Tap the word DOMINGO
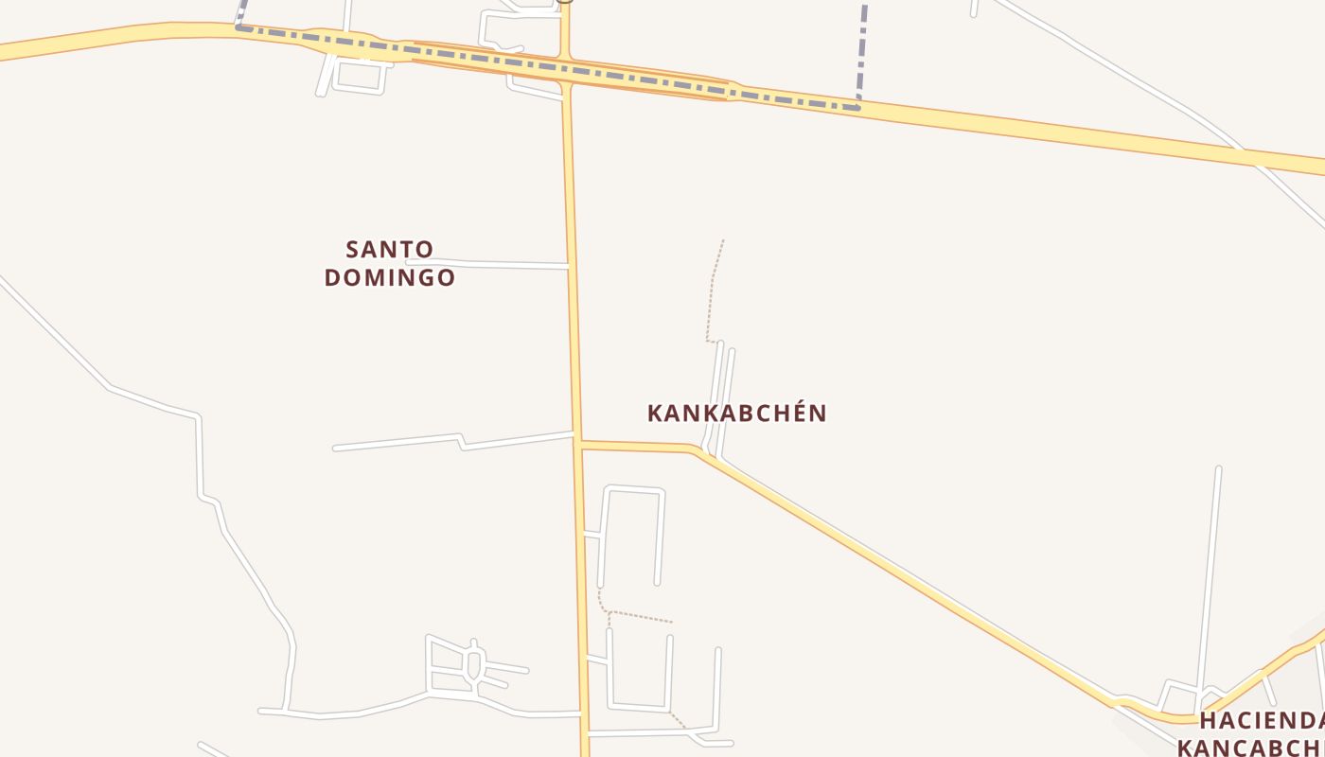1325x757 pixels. click(389, 277)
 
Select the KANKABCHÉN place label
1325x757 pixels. click(736, 414)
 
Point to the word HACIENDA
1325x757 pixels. click(1263, 721)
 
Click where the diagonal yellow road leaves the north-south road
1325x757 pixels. click(578, 443)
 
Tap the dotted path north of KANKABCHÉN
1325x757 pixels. click(713, 284)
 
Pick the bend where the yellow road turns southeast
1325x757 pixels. click(697, 450)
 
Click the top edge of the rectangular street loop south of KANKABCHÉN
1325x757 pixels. click(634, 488)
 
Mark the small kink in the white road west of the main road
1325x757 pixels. click(461, 440)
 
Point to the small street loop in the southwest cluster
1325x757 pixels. click(474, 662)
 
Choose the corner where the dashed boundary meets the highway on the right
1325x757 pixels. click(858, 107)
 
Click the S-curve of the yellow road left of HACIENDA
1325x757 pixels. click(1126, 702)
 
